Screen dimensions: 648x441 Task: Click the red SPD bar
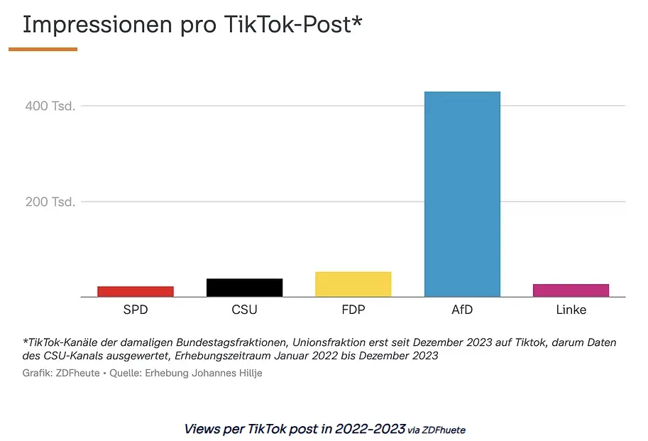[x=136, y=291]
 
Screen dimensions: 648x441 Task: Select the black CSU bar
[x=245, y=288]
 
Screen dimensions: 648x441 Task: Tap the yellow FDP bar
[x=353, y=284]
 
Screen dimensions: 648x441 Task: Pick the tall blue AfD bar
[x=463, y=195]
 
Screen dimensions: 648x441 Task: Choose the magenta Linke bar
[x=571, y=290]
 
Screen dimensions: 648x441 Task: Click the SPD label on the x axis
[x=136, y=310]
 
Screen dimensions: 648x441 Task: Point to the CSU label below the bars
[x=245, y=310]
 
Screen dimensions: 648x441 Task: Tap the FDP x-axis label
[x=353, y=310]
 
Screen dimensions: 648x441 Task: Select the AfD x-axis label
[x=463, y=310]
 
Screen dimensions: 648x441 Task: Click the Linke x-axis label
[x=571, y=310]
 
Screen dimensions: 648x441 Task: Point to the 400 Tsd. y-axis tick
[x=50, y=106]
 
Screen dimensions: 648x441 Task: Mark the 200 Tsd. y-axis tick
[x=50, y=202]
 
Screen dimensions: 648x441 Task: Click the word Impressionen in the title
[x=97, y=25]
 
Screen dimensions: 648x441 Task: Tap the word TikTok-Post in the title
[x=288, y=24]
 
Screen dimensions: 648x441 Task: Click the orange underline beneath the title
[x=43, y=49]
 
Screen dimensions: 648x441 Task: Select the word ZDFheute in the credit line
[x=77, y=374]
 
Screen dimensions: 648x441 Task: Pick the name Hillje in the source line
[x=250, y=374]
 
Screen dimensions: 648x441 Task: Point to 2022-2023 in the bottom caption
[x=370, y=429]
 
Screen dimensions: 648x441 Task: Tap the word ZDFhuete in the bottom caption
[x=444, y=430]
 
